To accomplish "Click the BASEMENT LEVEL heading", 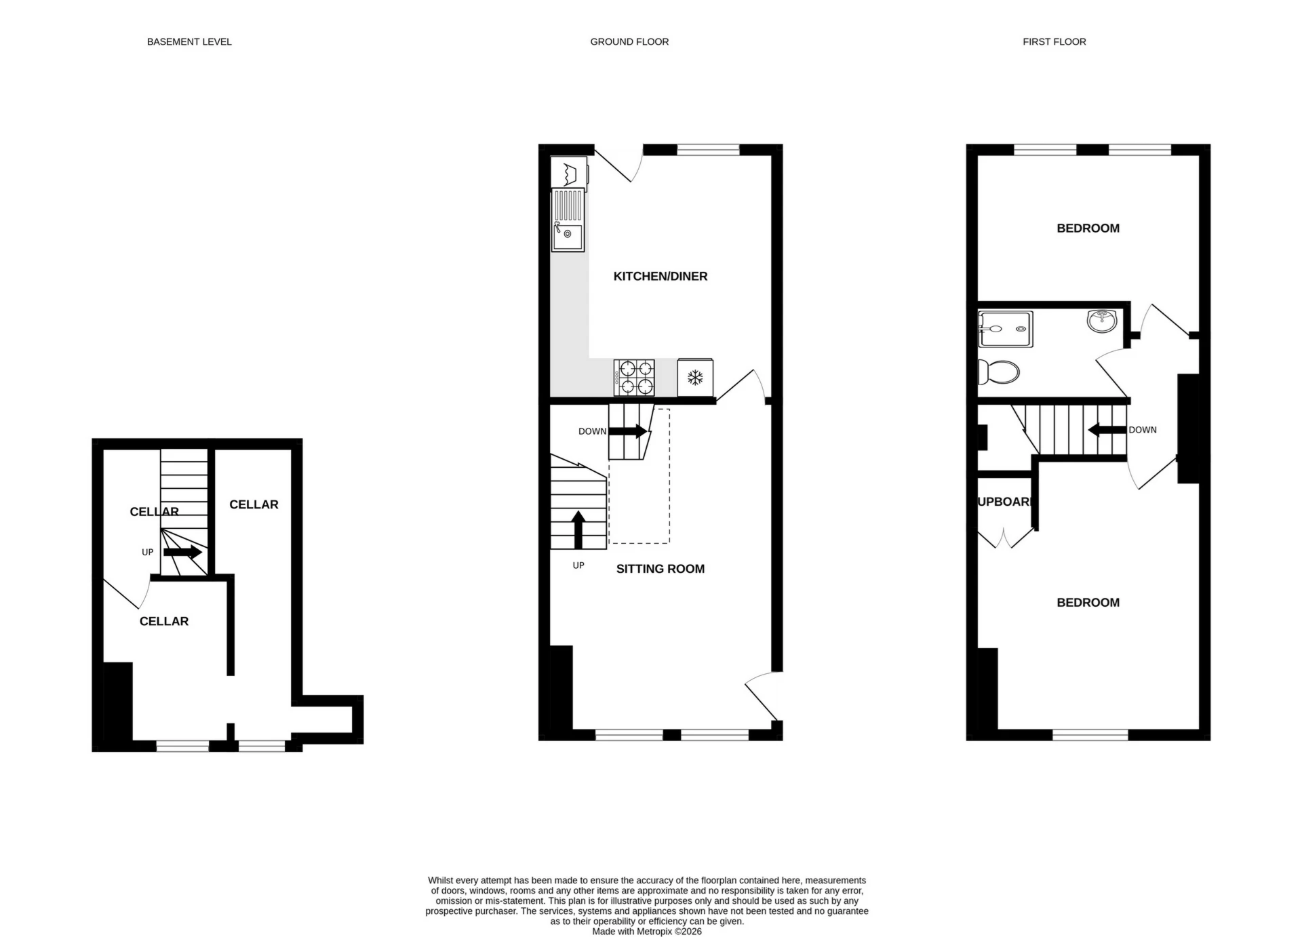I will pos(189,42).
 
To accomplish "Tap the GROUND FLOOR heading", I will pos(629,42).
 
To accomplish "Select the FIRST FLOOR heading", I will pos(1054,42).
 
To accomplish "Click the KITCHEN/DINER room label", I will pos(660,276).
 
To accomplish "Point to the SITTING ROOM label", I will pos(660,569).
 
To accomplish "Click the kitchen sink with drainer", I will pos(568,220).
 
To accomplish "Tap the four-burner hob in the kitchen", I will pos(634,378).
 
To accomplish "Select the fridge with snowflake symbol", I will pos(695,378).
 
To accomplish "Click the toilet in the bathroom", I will pos(999,372).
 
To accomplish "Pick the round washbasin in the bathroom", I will pos(1102,321).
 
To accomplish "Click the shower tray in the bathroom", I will pos(1006,329).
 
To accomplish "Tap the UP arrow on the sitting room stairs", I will pos(578,530).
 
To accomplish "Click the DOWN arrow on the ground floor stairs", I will pos(627,431).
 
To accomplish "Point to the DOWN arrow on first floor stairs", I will pos(1107,430).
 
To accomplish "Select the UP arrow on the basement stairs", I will pos(182,552).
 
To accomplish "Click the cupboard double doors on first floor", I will pos(1006,538).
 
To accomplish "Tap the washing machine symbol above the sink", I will pos(569,172).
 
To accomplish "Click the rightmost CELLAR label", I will pos(254,504).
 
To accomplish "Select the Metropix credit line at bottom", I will pos(646,932).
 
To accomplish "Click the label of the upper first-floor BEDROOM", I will pos(1088,228).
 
